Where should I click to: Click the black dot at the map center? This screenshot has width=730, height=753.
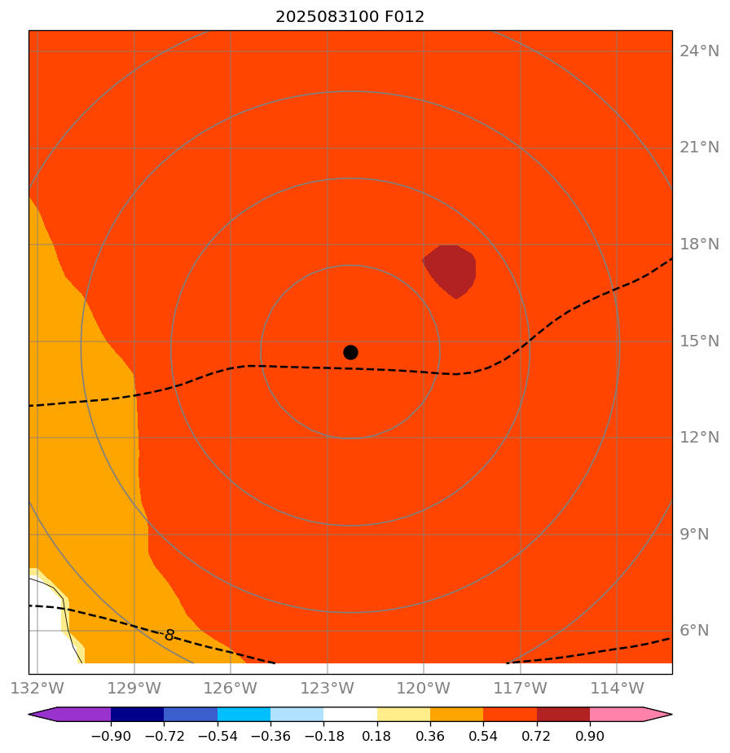[x=350, y=352]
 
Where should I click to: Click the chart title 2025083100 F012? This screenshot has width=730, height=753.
[x=350, y=16]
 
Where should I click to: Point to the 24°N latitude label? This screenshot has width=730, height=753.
[x=699, y=51]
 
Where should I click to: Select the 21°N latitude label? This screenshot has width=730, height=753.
[x=699, y=148]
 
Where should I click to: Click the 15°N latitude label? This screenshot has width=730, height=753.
[x=699, y=341]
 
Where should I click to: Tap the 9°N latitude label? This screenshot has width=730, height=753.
[x=699, y=535]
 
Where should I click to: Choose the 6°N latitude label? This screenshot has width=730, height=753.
[x=699, y=631]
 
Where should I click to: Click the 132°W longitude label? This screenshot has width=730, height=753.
[x=38, y=688]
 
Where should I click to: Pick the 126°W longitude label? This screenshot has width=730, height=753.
[x=231, y=688]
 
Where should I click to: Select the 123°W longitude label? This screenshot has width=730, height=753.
[x=327, y=688]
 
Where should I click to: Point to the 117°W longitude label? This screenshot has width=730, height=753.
[x=520, y=688]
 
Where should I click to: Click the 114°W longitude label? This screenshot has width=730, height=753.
[x=616, y=688]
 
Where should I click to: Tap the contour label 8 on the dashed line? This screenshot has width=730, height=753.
[x=169, y=635]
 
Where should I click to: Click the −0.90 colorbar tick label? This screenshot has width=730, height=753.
[x=111, y=737]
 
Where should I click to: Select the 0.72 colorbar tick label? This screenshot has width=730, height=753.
[x=537, y=737]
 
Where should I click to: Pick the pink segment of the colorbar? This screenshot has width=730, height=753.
[x=617, y=715]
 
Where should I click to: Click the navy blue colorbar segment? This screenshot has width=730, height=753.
[x=137, y=715]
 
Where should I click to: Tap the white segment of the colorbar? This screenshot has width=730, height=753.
[x=350, y=715]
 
